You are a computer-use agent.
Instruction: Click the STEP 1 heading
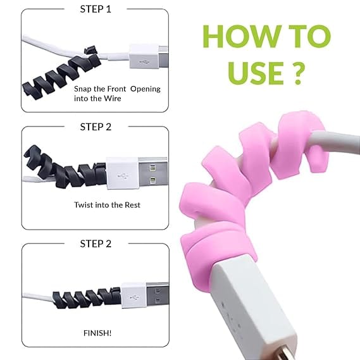(96, 9)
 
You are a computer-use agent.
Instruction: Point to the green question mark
(298, 73)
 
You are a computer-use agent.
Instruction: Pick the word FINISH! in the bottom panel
(97, 333)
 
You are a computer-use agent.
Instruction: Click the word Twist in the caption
(84, 205)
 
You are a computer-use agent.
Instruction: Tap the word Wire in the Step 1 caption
(113, 99)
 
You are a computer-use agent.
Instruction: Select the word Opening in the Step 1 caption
(146, 89)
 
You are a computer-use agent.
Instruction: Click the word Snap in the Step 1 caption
(83, 89)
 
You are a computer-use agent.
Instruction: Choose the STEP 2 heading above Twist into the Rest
(96, 127)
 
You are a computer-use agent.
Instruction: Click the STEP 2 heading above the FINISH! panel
(96, 244)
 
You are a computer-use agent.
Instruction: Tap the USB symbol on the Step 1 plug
(145, 62)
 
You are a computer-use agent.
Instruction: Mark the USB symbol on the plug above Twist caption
(123, 176)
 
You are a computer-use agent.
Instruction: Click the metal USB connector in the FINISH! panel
(158, 295)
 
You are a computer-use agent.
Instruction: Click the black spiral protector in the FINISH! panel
(87, 297)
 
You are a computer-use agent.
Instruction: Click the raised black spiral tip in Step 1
(91, 50)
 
